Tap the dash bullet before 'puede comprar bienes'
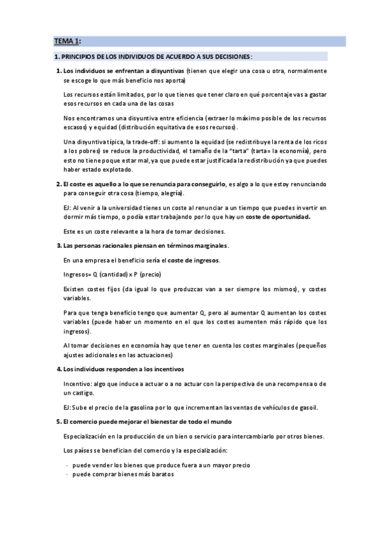pyautogui.click(x=67, y=474)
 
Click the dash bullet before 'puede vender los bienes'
pyautogui.click(x=67, y=465)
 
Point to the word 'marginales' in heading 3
pyautogui.click(x=208, y=246)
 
